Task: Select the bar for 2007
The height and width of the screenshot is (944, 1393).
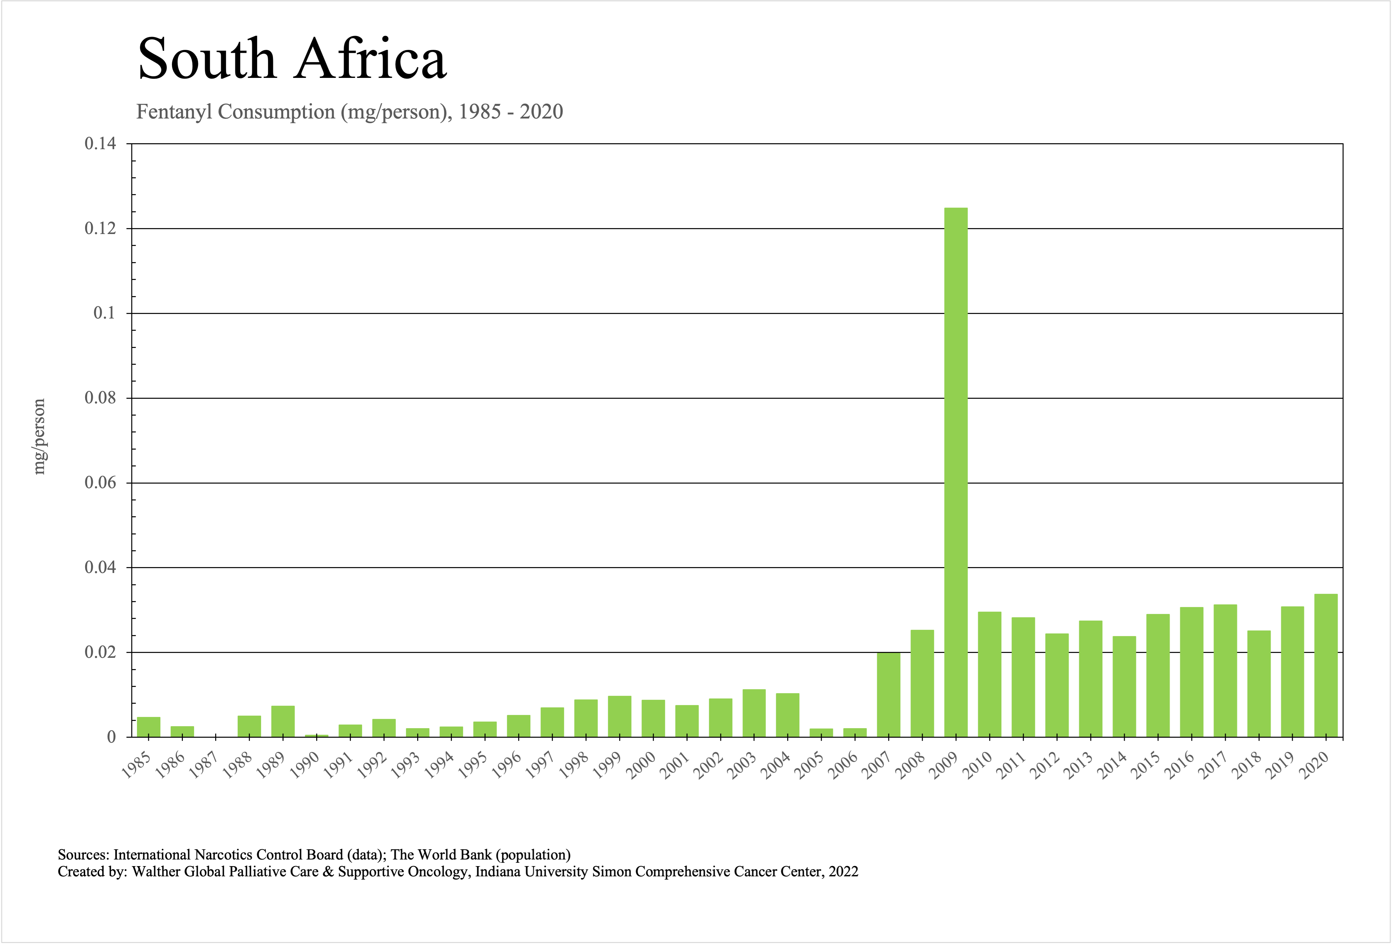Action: pos(888,695)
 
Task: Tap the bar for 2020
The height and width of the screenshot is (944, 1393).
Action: pos(1326,665)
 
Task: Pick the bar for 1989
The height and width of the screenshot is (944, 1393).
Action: pos(283,722)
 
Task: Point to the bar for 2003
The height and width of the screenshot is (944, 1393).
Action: pos(754,713)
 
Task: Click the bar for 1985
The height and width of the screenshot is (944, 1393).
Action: pos(149,727)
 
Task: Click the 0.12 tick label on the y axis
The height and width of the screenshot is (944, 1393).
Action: pos(100,228)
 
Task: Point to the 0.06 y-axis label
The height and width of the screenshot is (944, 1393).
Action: pos(100,483)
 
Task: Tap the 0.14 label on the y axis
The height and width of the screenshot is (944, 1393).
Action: pos(100,144)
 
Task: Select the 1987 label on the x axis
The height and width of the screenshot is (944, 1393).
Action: pos(204,765)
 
